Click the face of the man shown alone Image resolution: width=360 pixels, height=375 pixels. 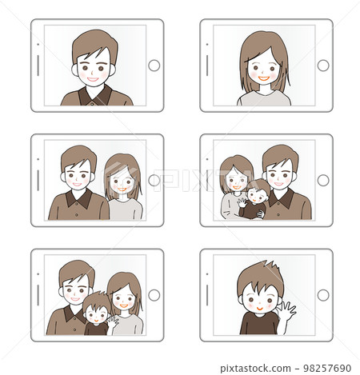(94, 69)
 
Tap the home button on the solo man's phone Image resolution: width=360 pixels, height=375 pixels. (154, 66)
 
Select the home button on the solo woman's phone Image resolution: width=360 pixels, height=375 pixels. (323, 66)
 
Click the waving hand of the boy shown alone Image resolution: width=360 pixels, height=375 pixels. (286, 311)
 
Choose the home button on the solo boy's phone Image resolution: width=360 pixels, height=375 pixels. (323, 295)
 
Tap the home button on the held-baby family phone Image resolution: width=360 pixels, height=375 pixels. (323, 180)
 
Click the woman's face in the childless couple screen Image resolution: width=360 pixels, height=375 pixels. (122, 181)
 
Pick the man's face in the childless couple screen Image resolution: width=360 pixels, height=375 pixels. (78, 175)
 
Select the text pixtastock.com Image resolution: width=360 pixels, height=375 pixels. (268, 367)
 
